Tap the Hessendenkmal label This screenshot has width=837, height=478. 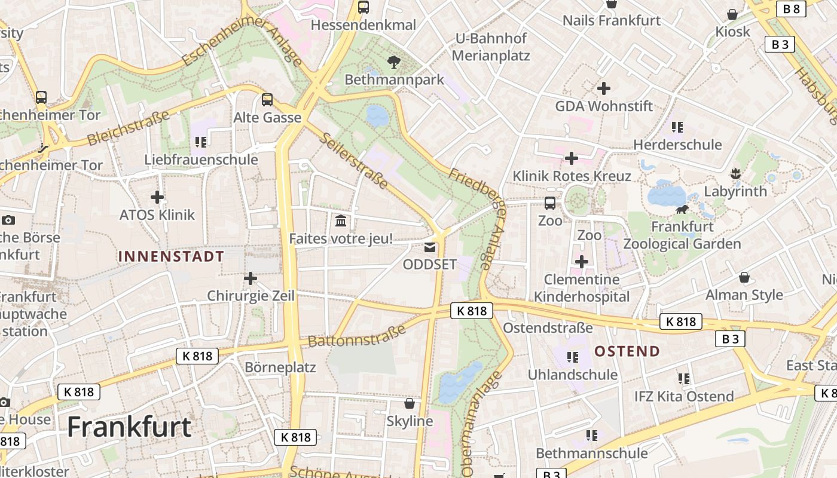coord(363,25)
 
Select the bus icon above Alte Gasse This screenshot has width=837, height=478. coord(267,100)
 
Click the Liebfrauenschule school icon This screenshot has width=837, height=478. coord(201,142)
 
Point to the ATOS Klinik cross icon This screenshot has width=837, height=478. coord(157,197)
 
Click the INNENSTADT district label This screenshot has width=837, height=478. coord(171,257)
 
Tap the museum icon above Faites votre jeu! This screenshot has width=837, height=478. coord(341,221)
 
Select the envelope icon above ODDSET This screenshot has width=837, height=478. coord(430,247)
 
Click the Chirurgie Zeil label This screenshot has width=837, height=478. coord(251,296)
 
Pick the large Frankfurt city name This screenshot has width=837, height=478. coord(129,427)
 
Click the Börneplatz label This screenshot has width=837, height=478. coord(280,367)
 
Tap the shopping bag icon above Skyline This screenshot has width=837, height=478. coord(410,403)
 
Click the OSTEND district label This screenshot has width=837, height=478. coord(627,351)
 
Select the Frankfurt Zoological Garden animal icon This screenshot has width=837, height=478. coord(682,209)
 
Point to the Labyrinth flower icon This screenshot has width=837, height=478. coord(735,174)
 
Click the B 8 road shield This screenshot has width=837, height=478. coord(791,8)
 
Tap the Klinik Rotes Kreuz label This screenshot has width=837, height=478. coord(572,176)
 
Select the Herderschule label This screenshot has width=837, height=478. coord(677,145)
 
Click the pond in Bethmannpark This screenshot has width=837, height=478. coord(377,115)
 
